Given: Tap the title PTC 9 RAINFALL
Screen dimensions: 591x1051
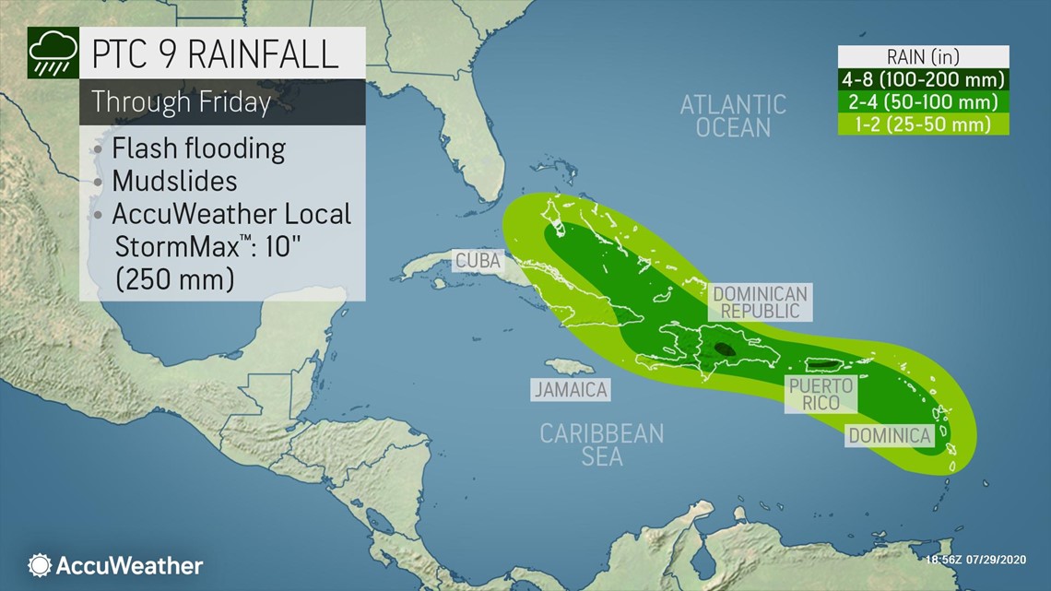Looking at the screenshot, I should (215, 54).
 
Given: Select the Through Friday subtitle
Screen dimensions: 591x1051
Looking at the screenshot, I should (182, 101).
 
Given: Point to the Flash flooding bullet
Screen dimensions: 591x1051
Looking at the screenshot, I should (197, 148).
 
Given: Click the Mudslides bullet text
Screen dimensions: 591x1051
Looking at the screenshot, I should (174, 180).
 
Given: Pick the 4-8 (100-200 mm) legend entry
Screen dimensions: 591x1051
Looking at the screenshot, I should (922, 79).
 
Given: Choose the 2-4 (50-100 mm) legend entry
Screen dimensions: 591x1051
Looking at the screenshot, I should (922, 101).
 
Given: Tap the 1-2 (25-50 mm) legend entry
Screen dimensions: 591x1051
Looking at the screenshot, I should (922, 124).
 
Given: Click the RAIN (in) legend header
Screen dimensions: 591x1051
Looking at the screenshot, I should (922, 57).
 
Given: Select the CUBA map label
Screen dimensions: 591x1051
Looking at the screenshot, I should (478, 261).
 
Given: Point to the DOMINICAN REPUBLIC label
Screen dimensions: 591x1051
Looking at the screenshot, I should (761, 302).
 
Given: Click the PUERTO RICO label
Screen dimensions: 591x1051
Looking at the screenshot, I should (819, 394).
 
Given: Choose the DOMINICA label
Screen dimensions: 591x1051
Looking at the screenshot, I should (890, 435).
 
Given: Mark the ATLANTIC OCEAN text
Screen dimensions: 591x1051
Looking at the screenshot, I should (733, 116).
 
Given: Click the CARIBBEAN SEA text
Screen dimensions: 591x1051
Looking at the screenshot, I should (602, 444).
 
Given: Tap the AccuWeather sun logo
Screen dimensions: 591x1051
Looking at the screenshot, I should (40, 565).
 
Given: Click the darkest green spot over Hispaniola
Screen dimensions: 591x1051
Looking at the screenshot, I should (723, 349).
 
